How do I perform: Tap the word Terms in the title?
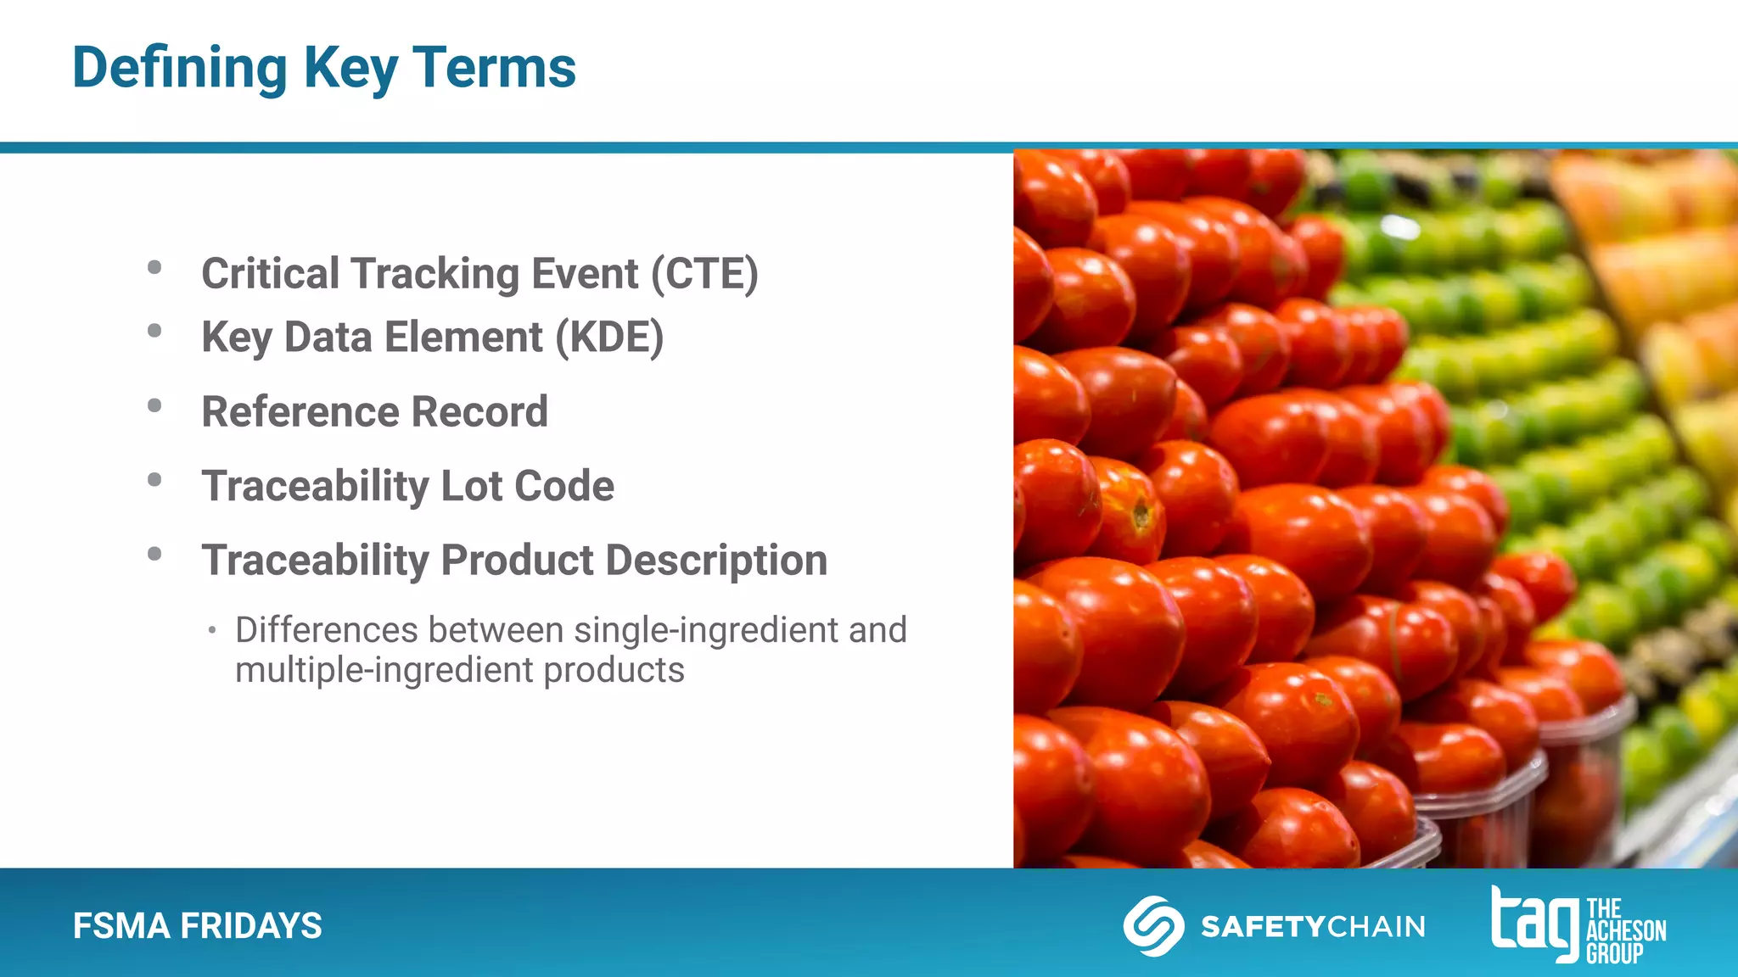tap(494, 68)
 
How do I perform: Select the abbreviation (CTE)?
tap(704, 274)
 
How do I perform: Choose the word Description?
tap(716, 561)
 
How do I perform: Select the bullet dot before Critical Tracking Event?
tap(154, 267)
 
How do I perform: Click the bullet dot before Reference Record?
tap(154, 405)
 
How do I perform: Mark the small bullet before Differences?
tap(212, 630)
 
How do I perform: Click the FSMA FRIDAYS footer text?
tap(197, 926)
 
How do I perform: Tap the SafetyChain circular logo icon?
tap(1153, 926)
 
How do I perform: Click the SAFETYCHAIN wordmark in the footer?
tap(1312, 926)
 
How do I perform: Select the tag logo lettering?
tap(1534, 924)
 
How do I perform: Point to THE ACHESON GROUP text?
tap(1625, 931)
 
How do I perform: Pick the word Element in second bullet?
tap(463, 338)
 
